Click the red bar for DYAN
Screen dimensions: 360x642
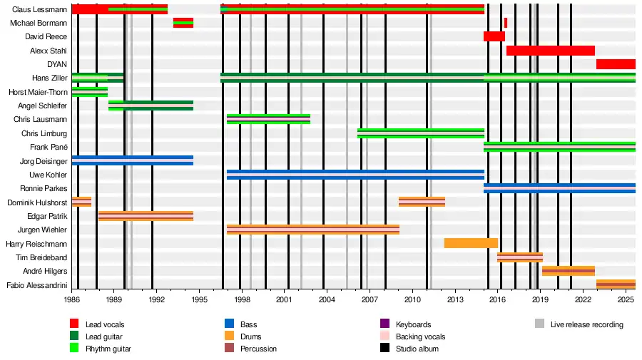(616, 64)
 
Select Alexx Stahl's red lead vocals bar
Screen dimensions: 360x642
(550, 51)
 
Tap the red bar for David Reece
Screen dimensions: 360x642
(494, 36)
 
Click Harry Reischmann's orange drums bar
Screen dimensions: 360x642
(471, 243)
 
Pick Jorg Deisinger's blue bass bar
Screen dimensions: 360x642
(132, 160)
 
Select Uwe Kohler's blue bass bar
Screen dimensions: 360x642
(355, 175)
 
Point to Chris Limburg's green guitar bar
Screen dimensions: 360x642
(420, 133)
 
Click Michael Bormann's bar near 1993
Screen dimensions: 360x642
(183, 23)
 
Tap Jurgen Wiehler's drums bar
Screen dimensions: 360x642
(312, 230)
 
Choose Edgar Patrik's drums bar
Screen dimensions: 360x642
(146, 216)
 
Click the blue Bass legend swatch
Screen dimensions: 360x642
(229, 324)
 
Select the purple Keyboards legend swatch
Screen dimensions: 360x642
(384, 324)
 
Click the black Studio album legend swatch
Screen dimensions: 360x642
(384, 349)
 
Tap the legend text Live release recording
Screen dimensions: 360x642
(586, 324)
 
